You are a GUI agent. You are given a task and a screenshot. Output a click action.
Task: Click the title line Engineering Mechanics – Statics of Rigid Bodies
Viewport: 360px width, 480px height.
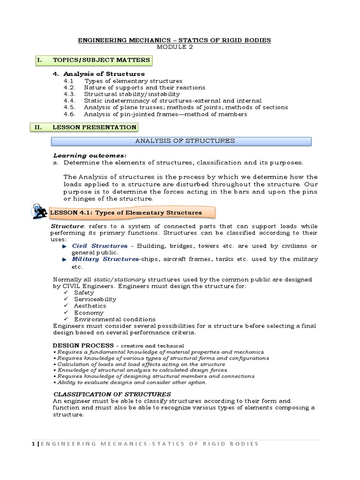(180, 40)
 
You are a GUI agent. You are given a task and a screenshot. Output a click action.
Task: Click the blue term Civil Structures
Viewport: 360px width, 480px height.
(99, 246)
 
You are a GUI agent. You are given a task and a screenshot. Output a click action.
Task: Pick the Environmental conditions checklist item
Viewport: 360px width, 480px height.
(115, 319)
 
